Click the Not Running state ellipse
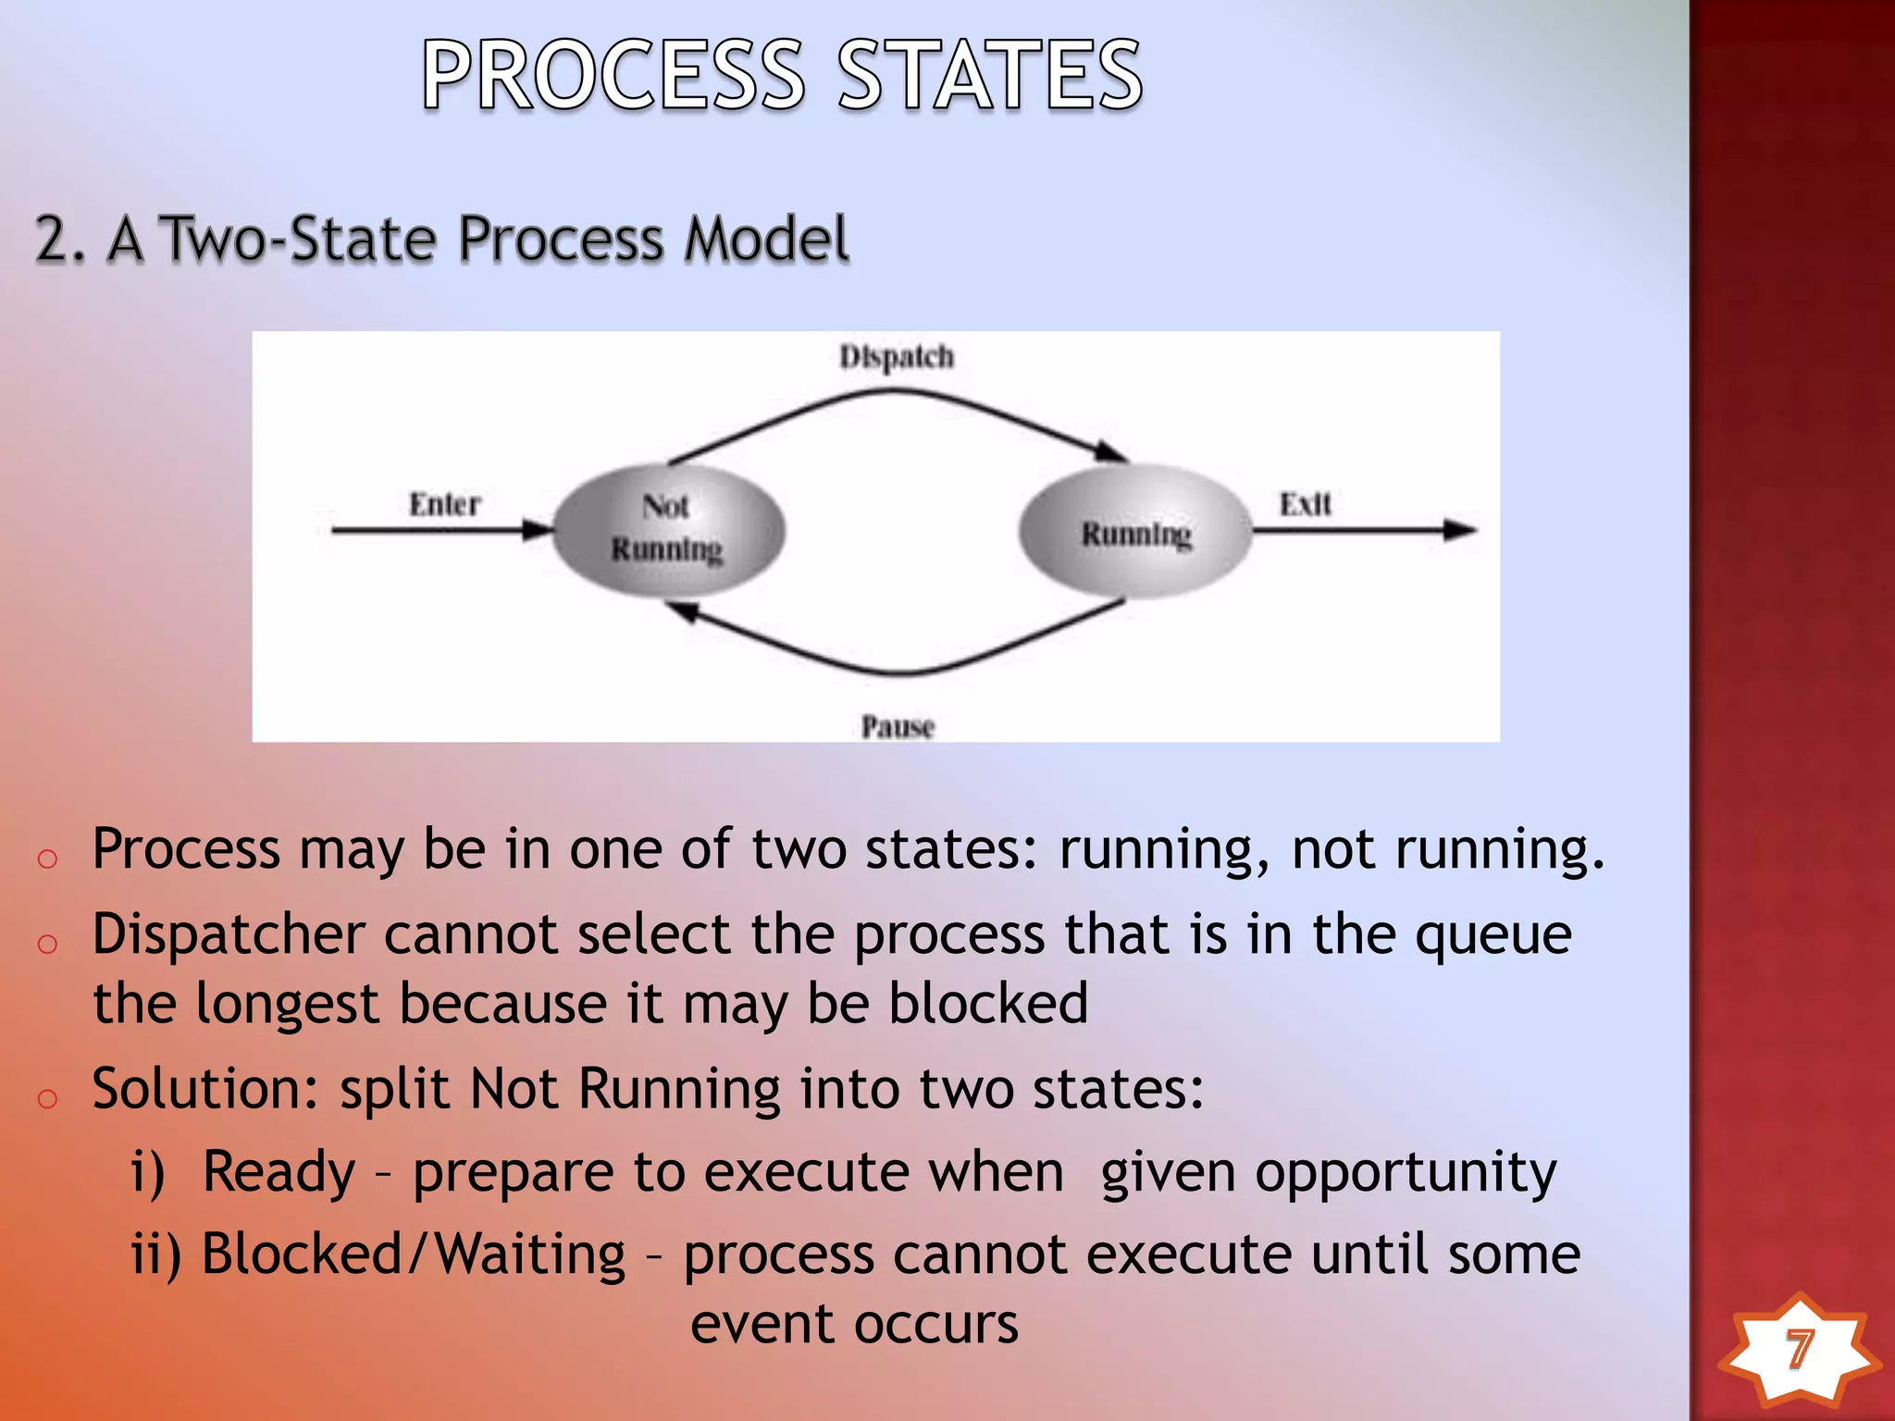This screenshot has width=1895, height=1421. point(669,529)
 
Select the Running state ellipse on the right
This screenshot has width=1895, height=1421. point(1136,532)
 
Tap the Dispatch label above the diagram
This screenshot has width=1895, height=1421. point(896,357)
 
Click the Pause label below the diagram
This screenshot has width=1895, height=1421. point(898,726)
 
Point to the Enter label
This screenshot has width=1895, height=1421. point(445,504)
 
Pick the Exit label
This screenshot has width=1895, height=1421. point(1305,504)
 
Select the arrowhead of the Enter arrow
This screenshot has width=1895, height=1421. point(539,530)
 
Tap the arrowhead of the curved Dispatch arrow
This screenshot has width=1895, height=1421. point(1110,451)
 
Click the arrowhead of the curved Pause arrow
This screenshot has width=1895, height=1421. point(683,611)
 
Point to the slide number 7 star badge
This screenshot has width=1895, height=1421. point(1798,1350)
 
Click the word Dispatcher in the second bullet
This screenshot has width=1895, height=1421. point(229,934)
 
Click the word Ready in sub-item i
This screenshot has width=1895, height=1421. point(279,1172)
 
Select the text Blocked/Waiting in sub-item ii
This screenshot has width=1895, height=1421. point(414,1254)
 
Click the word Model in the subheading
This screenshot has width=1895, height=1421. point(766,239)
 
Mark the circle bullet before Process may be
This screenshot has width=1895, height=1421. point(47,859)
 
